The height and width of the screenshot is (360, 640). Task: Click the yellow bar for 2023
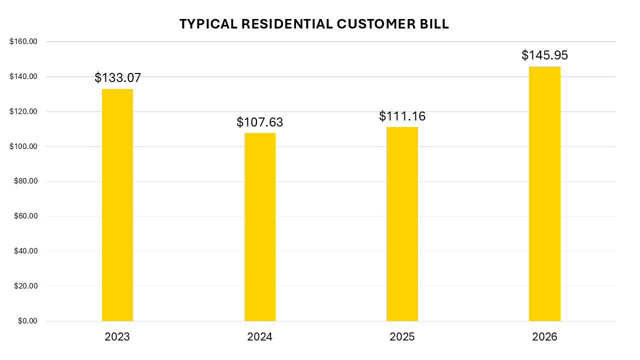[117, 205]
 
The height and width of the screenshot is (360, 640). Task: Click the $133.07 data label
[117, 78]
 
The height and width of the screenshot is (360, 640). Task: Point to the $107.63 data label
[259, 122]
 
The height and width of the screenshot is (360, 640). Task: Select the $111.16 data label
[402, 116]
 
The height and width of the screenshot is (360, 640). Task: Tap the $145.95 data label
[544, 55]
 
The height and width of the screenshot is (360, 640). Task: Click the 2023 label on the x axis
[117, 337]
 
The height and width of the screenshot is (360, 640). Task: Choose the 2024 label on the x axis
[259, 337]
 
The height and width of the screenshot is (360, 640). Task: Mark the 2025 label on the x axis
[402, 337]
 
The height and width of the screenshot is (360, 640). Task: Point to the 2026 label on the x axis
[544, 337]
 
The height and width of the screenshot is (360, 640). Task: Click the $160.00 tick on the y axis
[23, 42]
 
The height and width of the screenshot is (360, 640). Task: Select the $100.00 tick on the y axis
[23, 146]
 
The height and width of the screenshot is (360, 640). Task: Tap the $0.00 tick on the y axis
[27, 321]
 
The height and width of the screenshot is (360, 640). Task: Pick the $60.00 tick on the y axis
[25, 216]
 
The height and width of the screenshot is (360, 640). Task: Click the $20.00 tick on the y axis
[25, 286]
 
